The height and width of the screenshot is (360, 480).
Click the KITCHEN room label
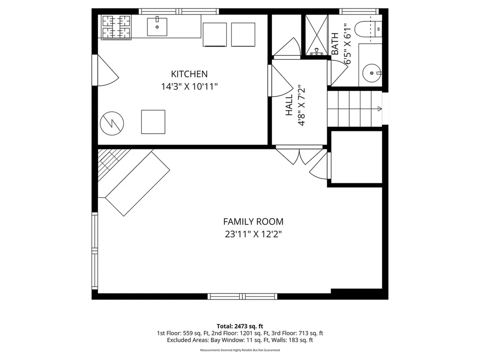tap(189, 74)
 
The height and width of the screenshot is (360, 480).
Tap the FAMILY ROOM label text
tap(253, 222)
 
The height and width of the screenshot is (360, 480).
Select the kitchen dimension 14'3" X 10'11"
tap(189, 87)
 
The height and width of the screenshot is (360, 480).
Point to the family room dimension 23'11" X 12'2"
tap(253, 234)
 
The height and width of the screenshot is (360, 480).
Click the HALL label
tap(289, 105)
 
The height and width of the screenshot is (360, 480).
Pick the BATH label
tap(335, 44)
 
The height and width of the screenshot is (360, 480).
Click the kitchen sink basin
tap(157, 27)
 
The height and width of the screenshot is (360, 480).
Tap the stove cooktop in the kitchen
tap(116, 27)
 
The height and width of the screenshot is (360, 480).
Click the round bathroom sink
tap(372, 73)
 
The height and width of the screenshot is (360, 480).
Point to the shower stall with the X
tap(316, 35)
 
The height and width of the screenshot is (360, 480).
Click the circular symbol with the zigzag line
tap(112, 123)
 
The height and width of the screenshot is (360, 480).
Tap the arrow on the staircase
tap(379, 109)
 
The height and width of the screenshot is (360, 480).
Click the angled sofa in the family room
tap(137, 184)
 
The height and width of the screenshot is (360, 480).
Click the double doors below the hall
tap(300, 156)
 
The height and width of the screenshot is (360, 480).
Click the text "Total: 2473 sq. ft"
tap(240, 326)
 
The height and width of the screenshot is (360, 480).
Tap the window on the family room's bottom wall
tap(243, 296)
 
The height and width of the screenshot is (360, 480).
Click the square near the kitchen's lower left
tap(153, 122)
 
